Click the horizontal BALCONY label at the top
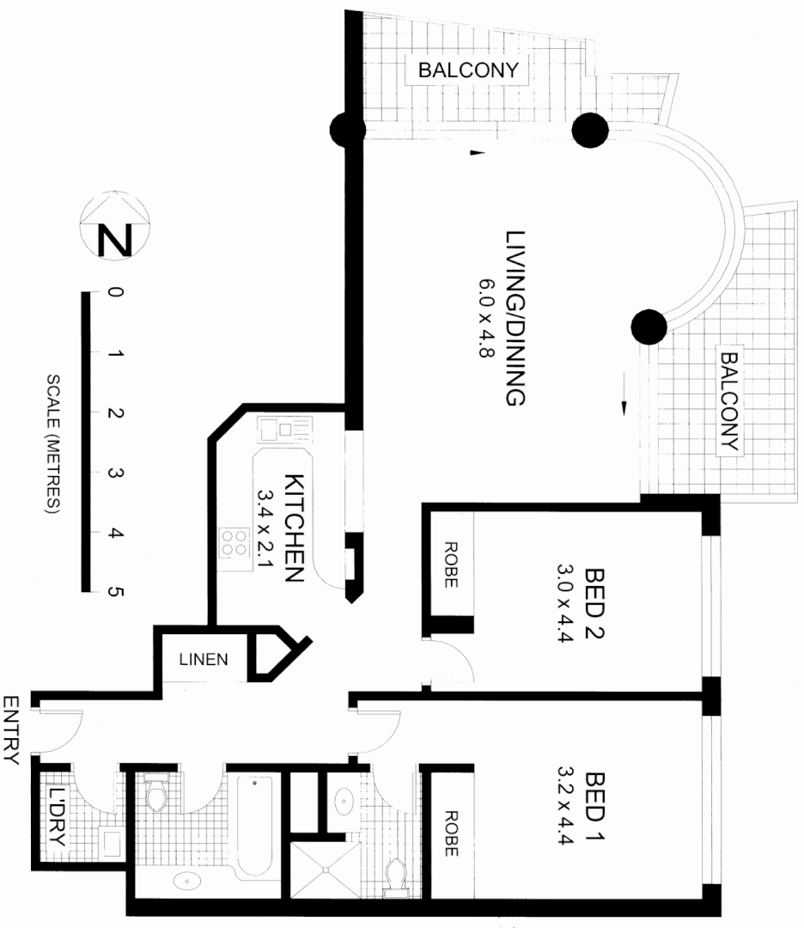(x=468, y=70)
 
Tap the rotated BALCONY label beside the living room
(x=729, y=401)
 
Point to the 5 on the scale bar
(x=116, y=592)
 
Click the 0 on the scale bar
(x=116, y=293)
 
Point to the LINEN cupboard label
(x=203, y=660)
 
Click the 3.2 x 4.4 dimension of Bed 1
(x=565, y=806)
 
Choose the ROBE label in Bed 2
(x=450, y=564)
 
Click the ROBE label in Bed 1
(x=450, y=833)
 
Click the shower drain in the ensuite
(x=326, y=869)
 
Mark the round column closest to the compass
(x=347, y=131)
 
